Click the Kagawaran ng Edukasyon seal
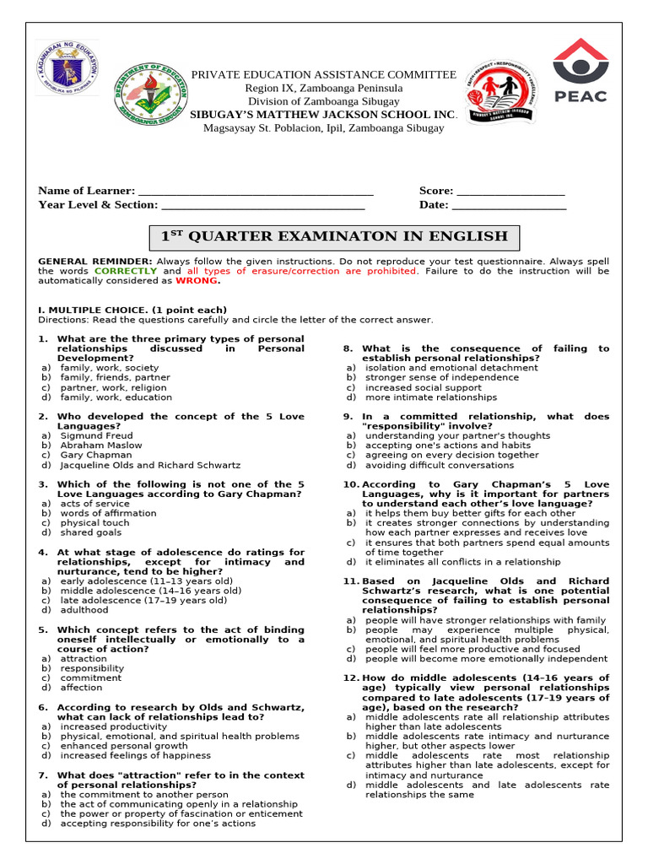(67, 68)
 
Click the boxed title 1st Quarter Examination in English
(334, 236)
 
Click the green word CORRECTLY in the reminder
(126, 271)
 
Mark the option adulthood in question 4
(84, 610)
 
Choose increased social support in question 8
(413, 387)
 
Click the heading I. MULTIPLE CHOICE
(132, 310)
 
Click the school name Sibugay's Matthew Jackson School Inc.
(323, 114)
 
